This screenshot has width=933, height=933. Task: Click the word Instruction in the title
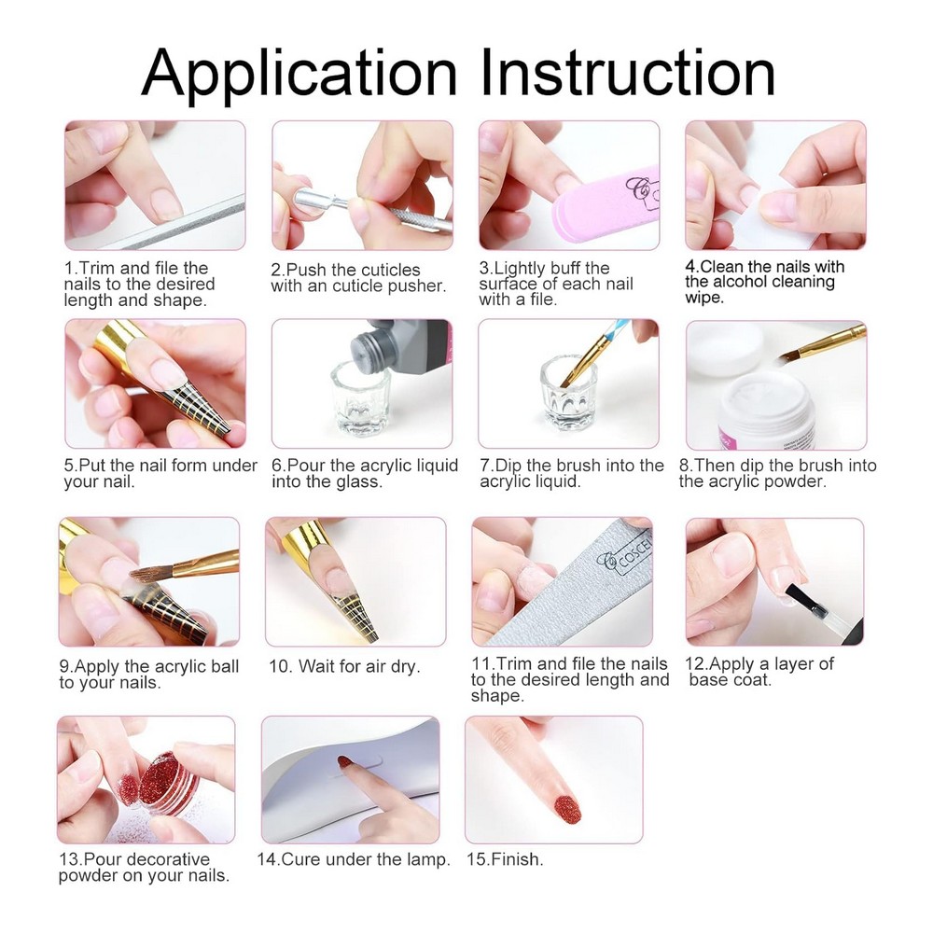click(x=628, y=72)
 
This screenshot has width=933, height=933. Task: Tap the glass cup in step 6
click(x=360, y=397)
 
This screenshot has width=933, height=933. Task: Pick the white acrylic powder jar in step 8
click(x=766, y=411)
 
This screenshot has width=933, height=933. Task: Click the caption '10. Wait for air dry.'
click(x=344, y=666)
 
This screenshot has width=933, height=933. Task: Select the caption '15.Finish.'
click(x=505, y=859)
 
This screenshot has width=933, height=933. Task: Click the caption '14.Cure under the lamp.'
click(x=354, y=859)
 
